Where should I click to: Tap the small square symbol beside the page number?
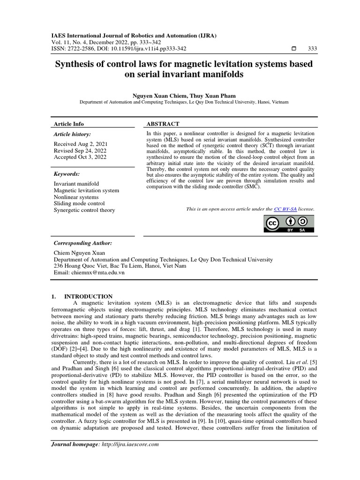[293, 49]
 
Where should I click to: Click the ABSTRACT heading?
[163, 124]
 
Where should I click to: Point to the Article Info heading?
[69, 124]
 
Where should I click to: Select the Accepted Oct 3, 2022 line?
[80, 157]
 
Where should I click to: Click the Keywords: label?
[67, 173]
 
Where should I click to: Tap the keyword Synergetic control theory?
[84, 210]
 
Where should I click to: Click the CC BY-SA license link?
[285, 209]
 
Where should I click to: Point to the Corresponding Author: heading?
[83, 243]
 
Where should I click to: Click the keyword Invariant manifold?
[76, 184]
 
